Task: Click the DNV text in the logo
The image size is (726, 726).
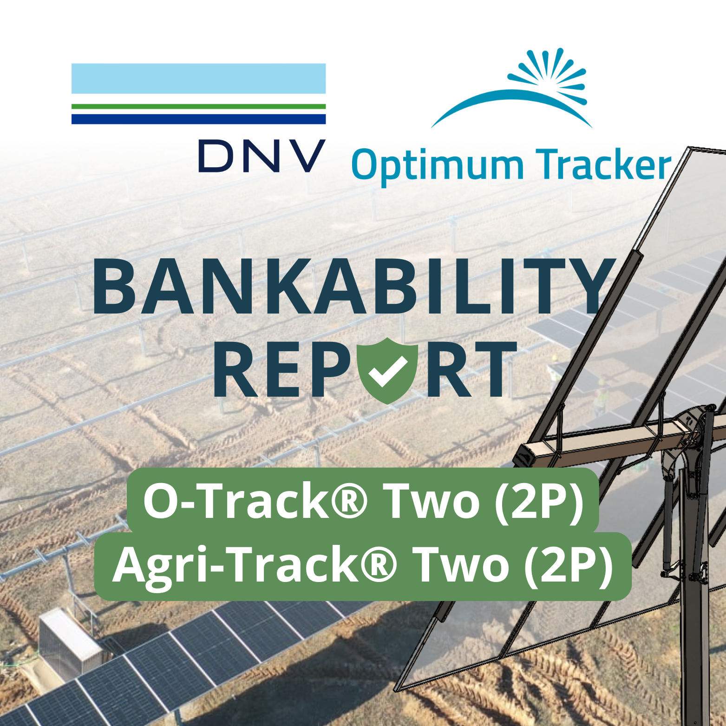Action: pos(262,156)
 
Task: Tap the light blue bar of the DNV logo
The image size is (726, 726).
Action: pos(198,78)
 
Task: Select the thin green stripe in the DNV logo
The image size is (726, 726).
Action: pos(198,106)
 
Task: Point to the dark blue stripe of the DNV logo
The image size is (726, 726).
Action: pos(198,119)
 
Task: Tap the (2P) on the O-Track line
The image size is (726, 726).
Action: pos(539,501)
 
